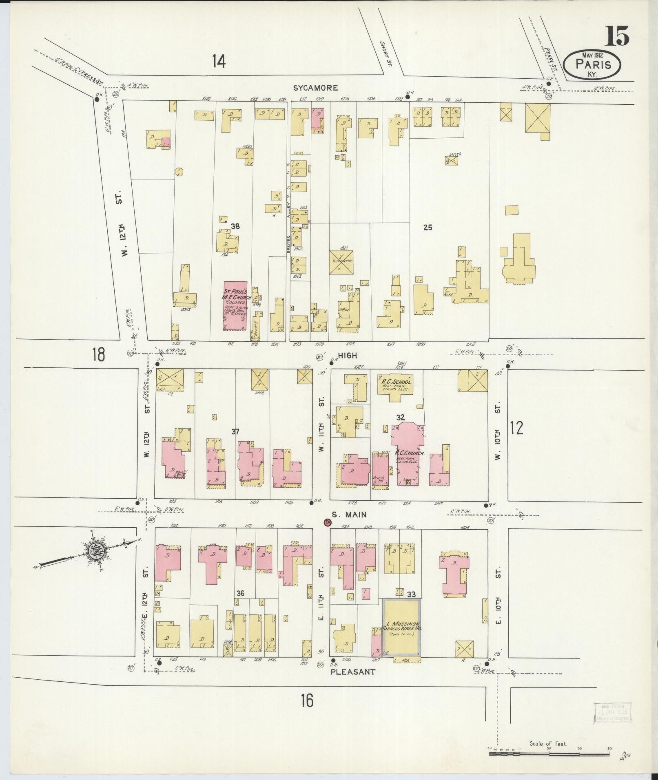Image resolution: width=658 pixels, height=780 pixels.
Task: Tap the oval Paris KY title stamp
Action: (592, 65)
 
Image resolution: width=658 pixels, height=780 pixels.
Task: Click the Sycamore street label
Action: (315, 88)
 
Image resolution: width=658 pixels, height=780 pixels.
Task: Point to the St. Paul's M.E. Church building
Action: (235, 305)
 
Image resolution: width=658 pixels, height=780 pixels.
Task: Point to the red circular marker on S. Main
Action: (327, 522)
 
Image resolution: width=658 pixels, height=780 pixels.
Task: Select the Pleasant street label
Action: (353, 672)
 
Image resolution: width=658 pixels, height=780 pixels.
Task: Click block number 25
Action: (427, 228)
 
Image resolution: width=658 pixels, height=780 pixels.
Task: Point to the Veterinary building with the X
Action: (341, 262)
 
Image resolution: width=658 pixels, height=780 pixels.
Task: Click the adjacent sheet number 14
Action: (219, 61)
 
